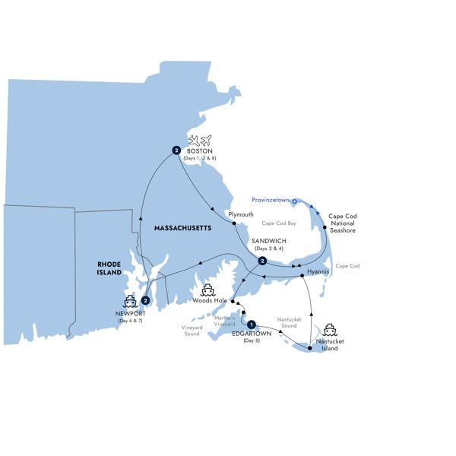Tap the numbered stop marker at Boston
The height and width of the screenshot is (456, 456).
[x=176, y=150]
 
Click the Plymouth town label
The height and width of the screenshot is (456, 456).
[x=241, y=214]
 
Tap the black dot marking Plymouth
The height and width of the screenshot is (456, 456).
[x=236, y=223]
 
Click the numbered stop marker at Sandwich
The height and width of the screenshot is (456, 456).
[x=261, y=261]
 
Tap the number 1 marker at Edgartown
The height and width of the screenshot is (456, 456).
[x=252, y=322]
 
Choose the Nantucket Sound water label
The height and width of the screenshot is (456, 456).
[x=290, y=324]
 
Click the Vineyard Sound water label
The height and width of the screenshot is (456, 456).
[x=192, y=331]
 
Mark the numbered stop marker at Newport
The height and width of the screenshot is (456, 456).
[x=145, y=300]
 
